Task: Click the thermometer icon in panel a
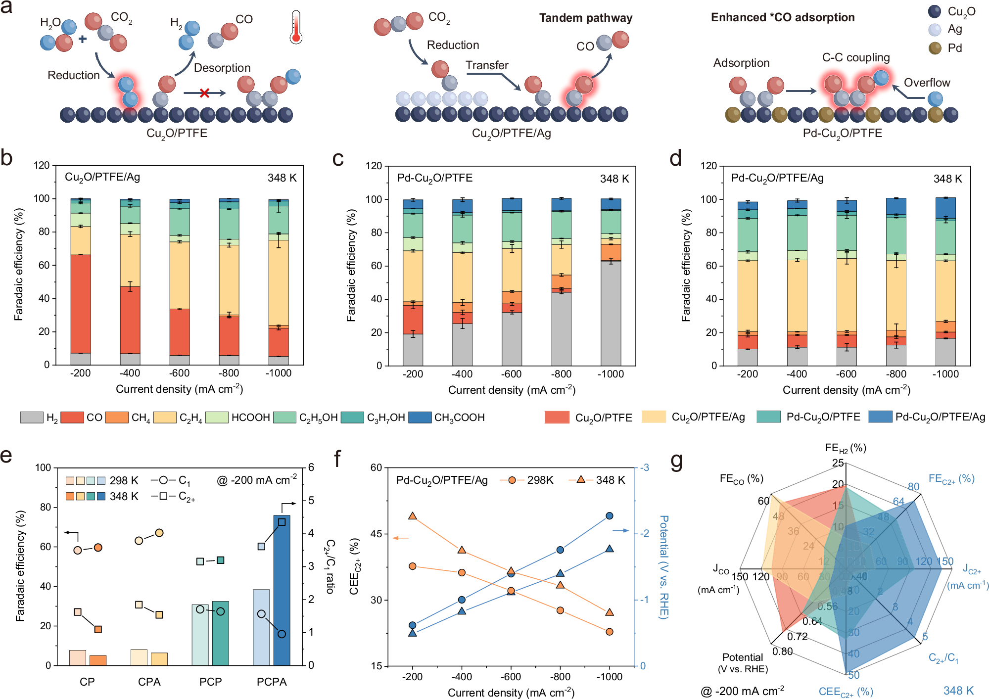point(296,28)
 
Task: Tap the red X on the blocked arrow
point(204,93)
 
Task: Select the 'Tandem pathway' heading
point(585,18)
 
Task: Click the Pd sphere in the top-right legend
point(935,48)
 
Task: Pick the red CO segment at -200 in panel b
point(81,303)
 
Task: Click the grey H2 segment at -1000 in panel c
point(611,313)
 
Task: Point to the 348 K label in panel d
point(947,179)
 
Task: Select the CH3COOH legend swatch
point(420,418)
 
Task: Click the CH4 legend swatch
point(117,418)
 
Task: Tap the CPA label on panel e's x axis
point(149,682)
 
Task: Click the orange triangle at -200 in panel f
point(413,516)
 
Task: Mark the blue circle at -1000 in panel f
point(610,516)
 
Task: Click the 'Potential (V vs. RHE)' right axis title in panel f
point(663,566)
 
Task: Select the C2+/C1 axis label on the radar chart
point(943,658)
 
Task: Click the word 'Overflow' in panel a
point(927,83)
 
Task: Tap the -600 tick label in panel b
point(179,373)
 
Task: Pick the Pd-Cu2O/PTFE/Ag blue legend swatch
point(880,417)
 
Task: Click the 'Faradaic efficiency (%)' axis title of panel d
point(686,265)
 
